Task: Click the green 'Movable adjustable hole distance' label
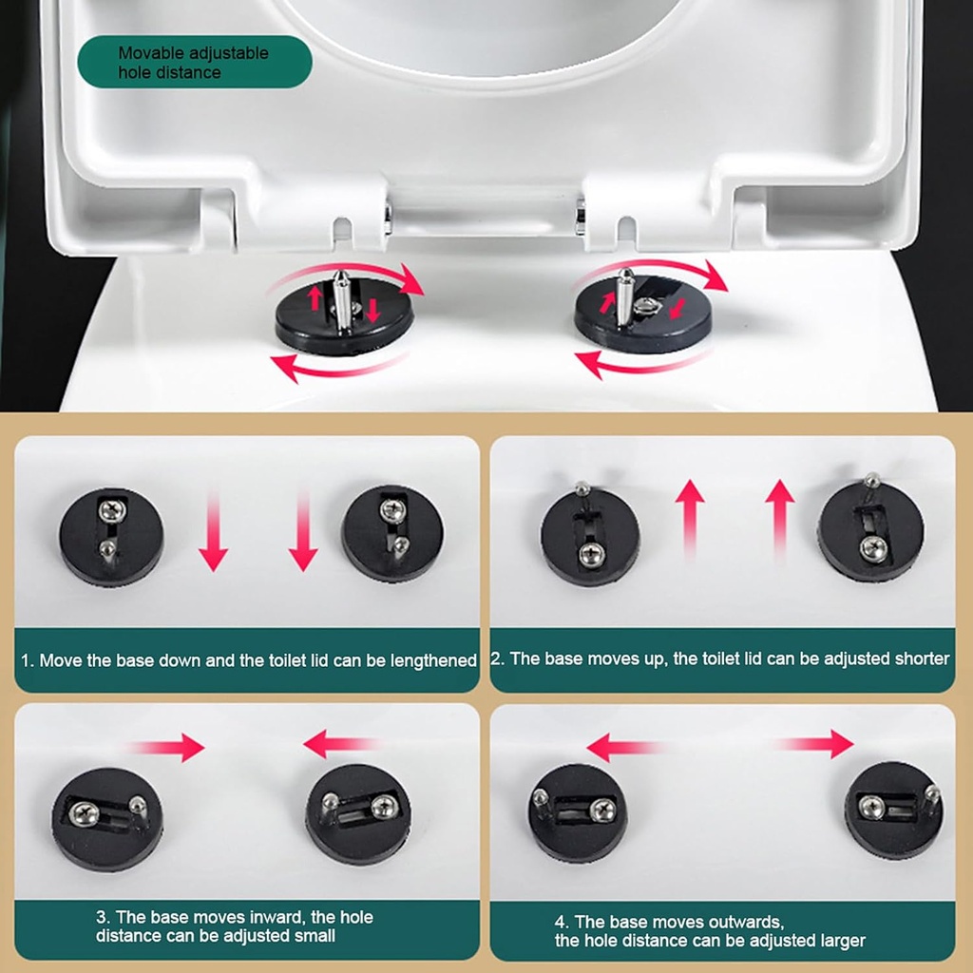[194, 62]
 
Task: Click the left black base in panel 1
[111, 536]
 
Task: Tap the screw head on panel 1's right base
[392, 510]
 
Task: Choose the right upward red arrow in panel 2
[779, 518]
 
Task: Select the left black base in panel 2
[589, 538]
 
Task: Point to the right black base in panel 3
[358, 813]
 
